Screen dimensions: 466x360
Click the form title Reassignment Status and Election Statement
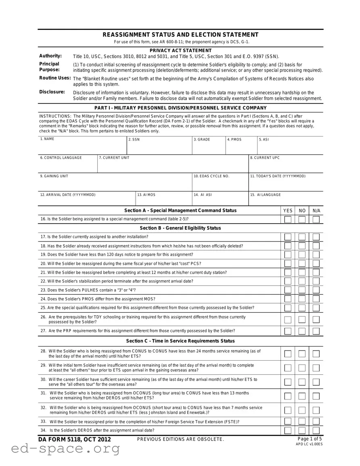point(180,35)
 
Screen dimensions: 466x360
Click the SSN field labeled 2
point(159,148)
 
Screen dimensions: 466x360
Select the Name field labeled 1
point(82,148)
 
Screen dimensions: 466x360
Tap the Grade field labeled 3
point(208,148)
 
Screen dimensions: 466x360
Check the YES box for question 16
point(288,220)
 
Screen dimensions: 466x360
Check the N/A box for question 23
point(316,290)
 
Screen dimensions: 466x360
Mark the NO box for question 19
point(302,255)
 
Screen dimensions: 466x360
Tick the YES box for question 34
point(288,431)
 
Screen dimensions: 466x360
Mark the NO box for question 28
point(302,354)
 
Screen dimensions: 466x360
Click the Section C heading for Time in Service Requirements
point(180,341)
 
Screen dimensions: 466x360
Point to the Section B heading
point(180,228)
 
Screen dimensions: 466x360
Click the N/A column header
point(316,211)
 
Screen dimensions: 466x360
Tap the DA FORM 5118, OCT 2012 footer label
point(75,439)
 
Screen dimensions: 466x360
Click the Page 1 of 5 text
point(310,439)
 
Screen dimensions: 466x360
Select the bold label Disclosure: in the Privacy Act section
point(52,92)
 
